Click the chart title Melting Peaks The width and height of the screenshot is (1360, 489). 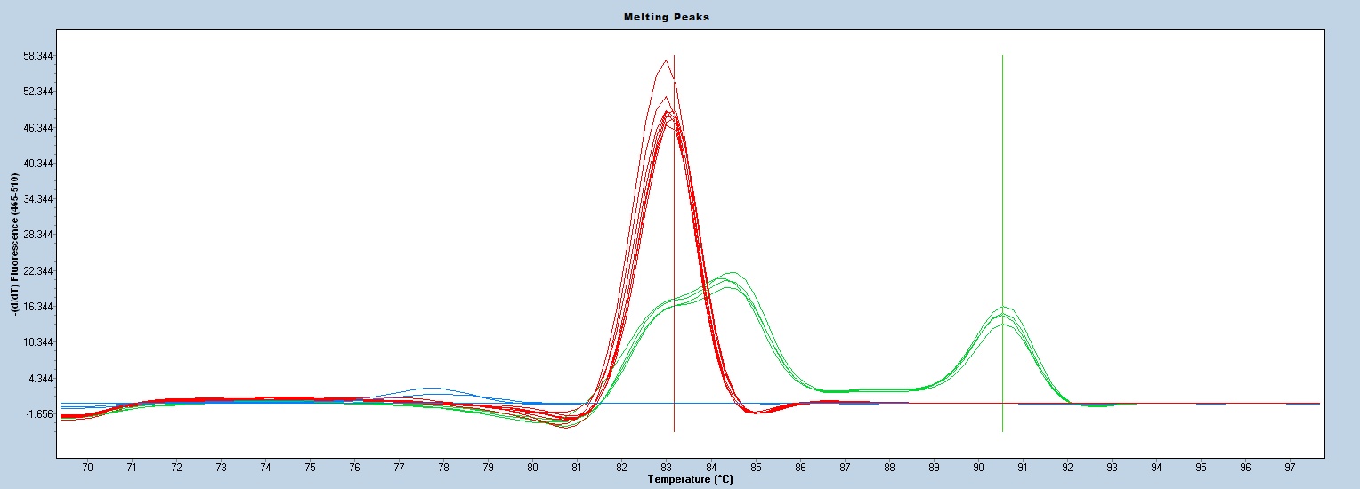tap(679, 17)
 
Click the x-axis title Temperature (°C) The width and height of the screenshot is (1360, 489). tap(691, 480)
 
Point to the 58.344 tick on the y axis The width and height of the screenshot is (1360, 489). tap(38, 56)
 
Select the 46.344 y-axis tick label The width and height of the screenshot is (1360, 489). tap(38, 128)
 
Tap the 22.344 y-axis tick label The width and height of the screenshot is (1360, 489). tap(38, 271)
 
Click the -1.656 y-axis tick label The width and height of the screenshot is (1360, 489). tap(38, 414)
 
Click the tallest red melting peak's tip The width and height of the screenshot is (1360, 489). tap(667, 60)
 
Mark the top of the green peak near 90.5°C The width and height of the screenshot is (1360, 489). tap(1003, 307)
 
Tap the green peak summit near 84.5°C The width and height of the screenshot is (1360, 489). tap(732, 273)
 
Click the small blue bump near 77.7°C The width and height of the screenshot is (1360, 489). tap(431, 389)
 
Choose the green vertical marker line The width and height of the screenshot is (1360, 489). tap(1002, 178)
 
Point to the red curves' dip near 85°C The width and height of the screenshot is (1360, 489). tap(755, 413)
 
